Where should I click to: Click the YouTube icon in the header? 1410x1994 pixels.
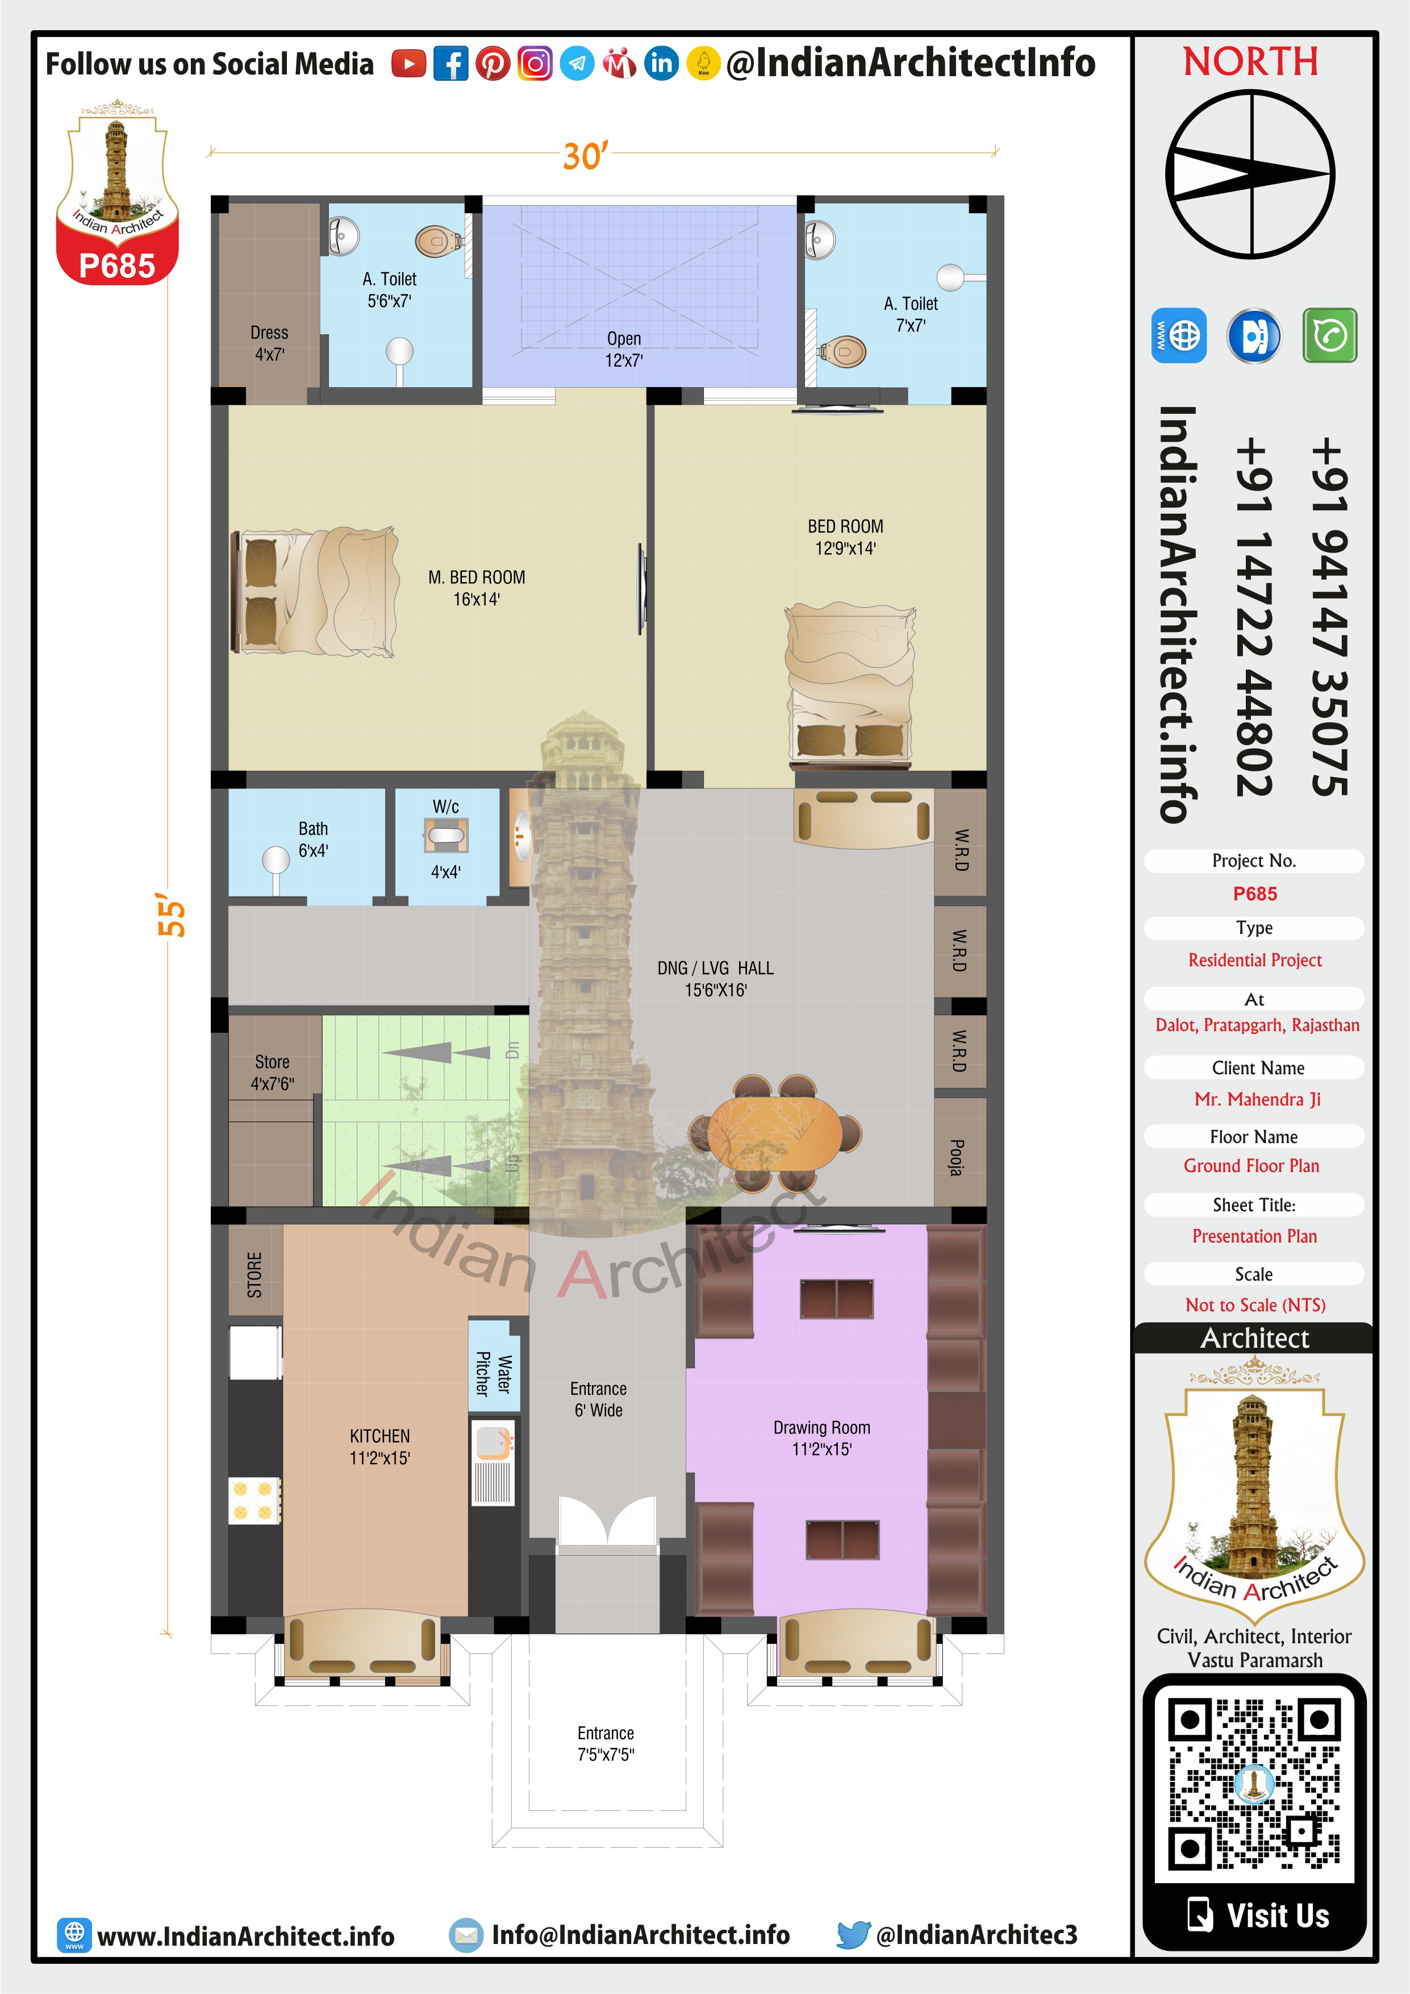(x=408, y=64)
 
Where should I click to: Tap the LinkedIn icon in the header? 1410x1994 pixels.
(x=662, y=64)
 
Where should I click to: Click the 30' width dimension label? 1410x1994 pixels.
(x=586, y=156)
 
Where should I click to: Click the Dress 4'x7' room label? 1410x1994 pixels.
(x=269, y=343)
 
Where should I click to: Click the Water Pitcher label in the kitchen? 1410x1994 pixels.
(x=493, y=1374)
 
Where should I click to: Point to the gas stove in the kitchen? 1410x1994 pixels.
(x=253, y=1501)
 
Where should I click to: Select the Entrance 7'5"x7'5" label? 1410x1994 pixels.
(x=606, y=1744)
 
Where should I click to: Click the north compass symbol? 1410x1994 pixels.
(x=1250, y=174)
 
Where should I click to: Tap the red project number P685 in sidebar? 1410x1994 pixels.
(x=1254, y=894)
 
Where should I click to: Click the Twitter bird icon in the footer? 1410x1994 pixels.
(x=853, y=1936)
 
